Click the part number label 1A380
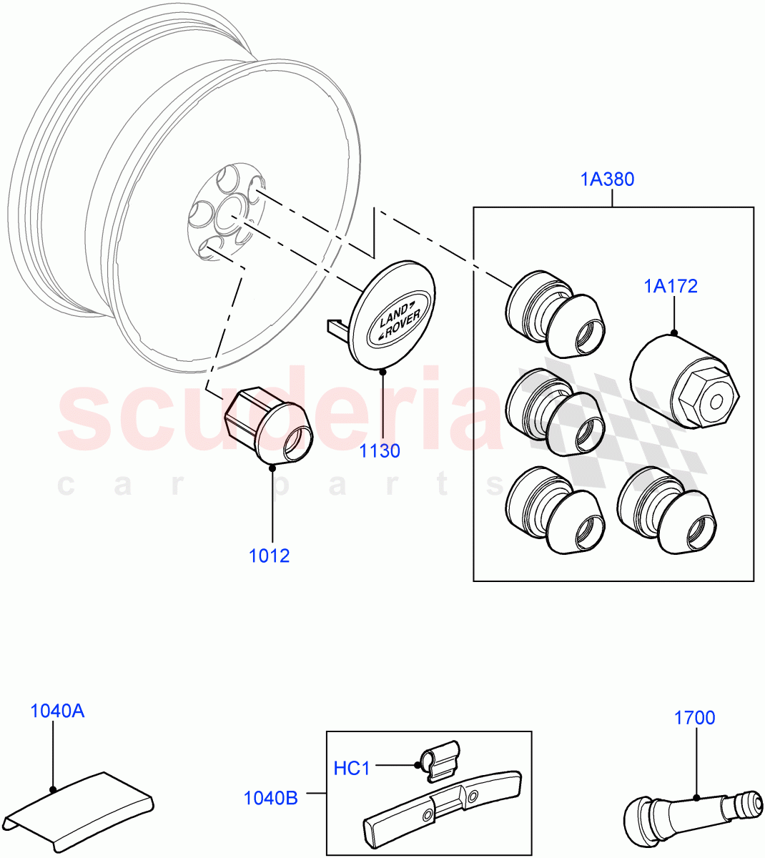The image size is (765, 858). click(x=606, y=179)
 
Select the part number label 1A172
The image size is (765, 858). click(x=670, y=286)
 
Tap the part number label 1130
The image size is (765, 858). click(x=380, y=451)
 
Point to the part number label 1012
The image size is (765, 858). click(x=269, y=556)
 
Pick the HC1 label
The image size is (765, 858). click(x=352, y=768)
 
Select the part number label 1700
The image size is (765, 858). click(x=694, y=717)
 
